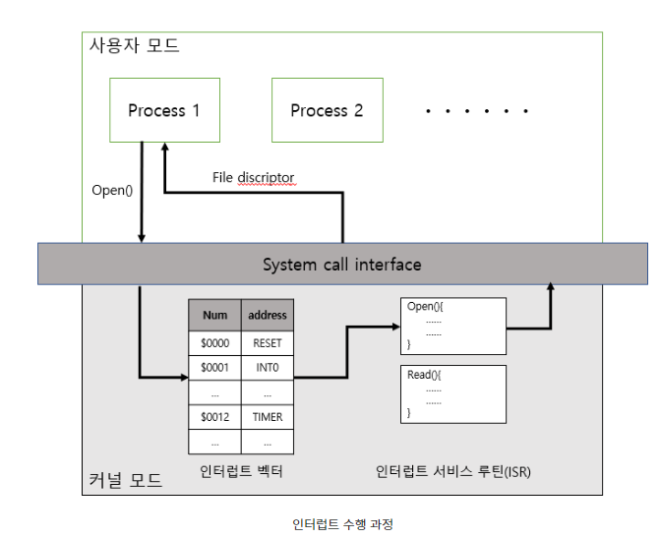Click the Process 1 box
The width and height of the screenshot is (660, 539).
163,110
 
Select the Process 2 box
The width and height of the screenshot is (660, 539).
327,110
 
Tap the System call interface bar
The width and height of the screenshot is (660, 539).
341,265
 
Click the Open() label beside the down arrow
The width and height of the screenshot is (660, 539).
111,190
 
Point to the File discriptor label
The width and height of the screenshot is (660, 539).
253,178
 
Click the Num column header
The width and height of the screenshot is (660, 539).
214,316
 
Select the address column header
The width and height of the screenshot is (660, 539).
268,316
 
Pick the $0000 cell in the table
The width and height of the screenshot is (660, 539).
214,342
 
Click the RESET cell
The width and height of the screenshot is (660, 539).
268,342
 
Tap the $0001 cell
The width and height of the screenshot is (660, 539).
214,367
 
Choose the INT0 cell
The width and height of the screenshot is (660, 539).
268,367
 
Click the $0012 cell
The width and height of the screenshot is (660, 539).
214,417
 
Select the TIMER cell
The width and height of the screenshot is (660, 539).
268,417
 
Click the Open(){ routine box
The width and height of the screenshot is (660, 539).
452,326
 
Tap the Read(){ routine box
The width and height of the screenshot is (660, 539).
452,394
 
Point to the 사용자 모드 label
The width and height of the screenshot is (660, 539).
135,46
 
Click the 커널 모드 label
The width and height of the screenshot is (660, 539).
124,481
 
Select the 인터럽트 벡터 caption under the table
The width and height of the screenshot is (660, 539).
241,471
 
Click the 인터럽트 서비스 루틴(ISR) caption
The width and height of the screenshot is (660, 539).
453,471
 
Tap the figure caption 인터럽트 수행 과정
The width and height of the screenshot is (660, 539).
342,524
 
